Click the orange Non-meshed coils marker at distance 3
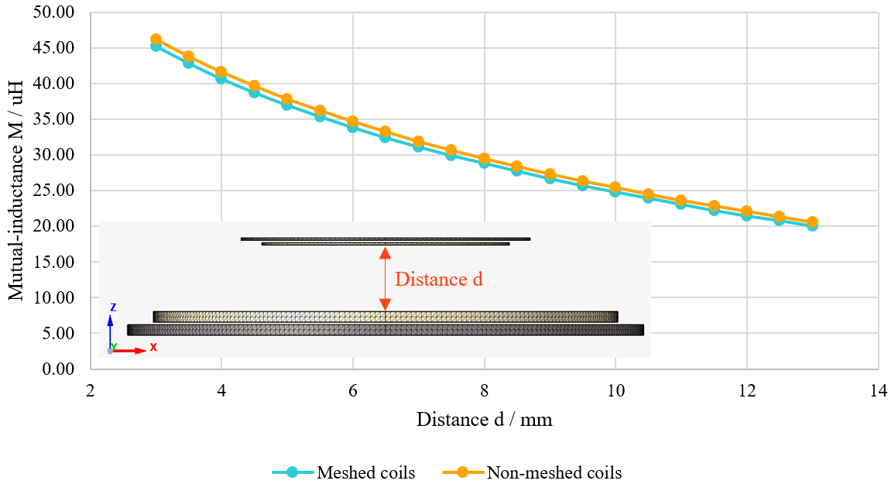[x=156, y=39]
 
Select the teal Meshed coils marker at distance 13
[x=812, y=226]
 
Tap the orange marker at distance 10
[x=615, y=187]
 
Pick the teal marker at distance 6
[x=352, y=127]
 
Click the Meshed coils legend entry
[x=344, y=472]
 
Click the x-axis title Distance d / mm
[x=484, y=420]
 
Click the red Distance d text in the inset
[x=439, y=280]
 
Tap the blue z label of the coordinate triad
[x=113, y=307]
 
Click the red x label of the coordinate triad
[x=153, y=347]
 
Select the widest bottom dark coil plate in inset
[x=386, y=330]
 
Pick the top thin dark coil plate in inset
[x=386, y=239]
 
